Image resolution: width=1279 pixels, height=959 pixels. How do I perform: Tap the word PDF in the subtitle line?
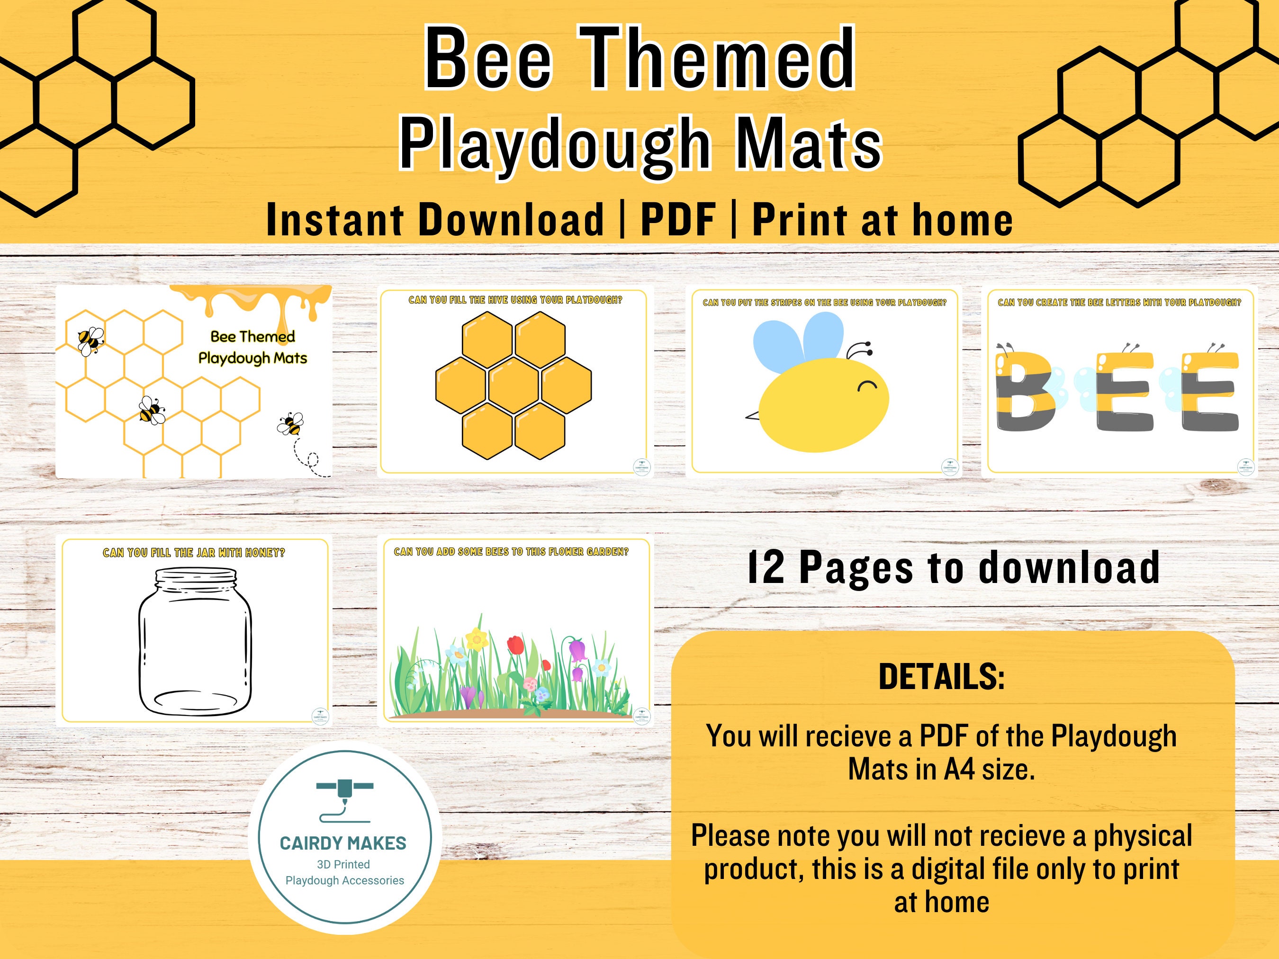click(x=678, y=221)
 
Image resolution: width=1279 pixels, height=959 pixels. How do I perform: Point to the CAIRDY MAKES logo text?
click(x=343, y=843)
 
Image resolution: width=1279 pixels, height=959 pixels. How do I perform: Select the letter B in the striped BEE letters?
click(x=1025, y=393)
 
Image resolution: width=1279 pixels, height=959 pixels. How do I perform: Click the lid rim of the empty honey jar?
click(x=196, y=575)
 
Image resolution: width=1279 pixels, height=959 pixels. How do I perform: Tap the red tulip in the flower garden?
click(x=515, y=645)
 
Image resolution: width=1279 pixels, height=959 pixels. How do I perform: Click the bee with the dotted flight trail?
click(x=290, y=424)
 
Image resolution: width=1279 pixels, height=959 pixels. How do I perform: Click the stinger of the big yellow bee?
click(x=752, y=415)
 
